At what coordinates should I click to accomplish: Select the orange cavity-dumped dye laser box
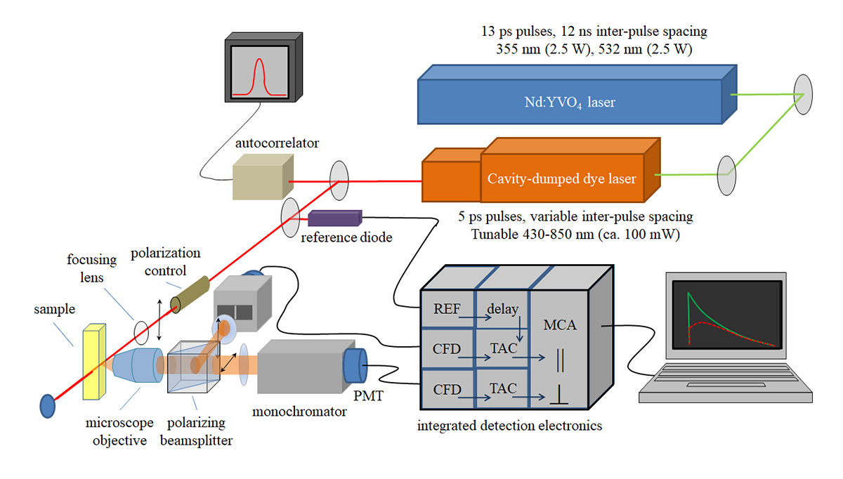pyautogui.click(x=562, y=178)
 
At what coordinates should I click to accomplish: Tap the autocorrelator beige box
pyautogui.click(x=260, y=178)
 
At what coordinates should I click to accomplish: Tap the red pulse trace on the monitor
pyautogui.click(x=259, y=77)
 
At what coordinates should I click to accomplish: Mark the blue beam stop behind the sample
pyautogui.click(x=47, y=405)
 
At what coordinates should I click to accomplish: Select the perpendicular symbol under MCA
pyautogui.click(x=559, y=398)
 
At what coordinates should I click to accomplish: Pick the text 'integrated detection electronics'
pyautogui.click(x=509, y=426)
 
